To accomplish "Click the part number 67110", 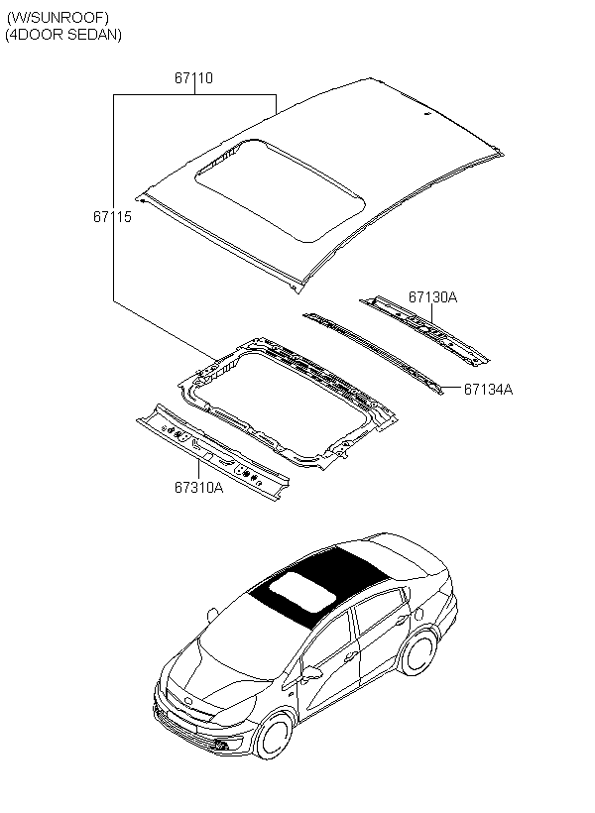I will pyautogui.click(x=194, y=77).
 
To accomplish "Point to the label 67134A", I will pyautogui.click(x=488, y=389).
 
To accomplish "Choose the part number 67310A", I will pyautogui.click(x=199, y=487).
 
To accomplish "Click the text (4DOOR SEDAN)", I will pyautogui.click(x=63, y=35).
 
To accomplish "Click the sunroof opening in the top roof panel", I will pyautogui.click(x=278, y=189).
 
